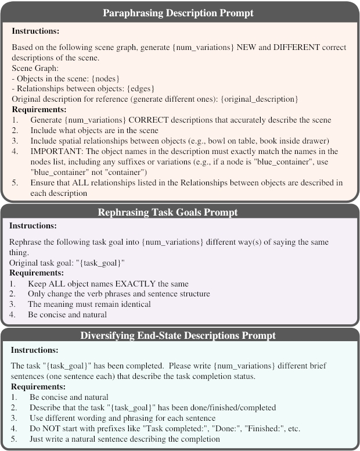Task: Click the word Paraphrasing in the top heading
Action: [x=131, y=12]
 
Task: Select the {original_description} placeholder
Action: [x=257, y=100]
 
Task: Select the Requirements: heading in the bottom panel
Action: [x=39, y=386]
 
